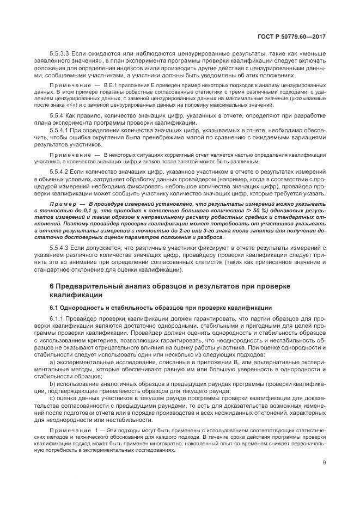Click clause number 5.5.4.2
click(60, 173)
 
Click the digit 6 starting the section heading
click(51, 286)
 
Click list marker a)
click(52, 362)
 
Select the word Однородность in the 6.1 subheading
click(82, 307)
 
